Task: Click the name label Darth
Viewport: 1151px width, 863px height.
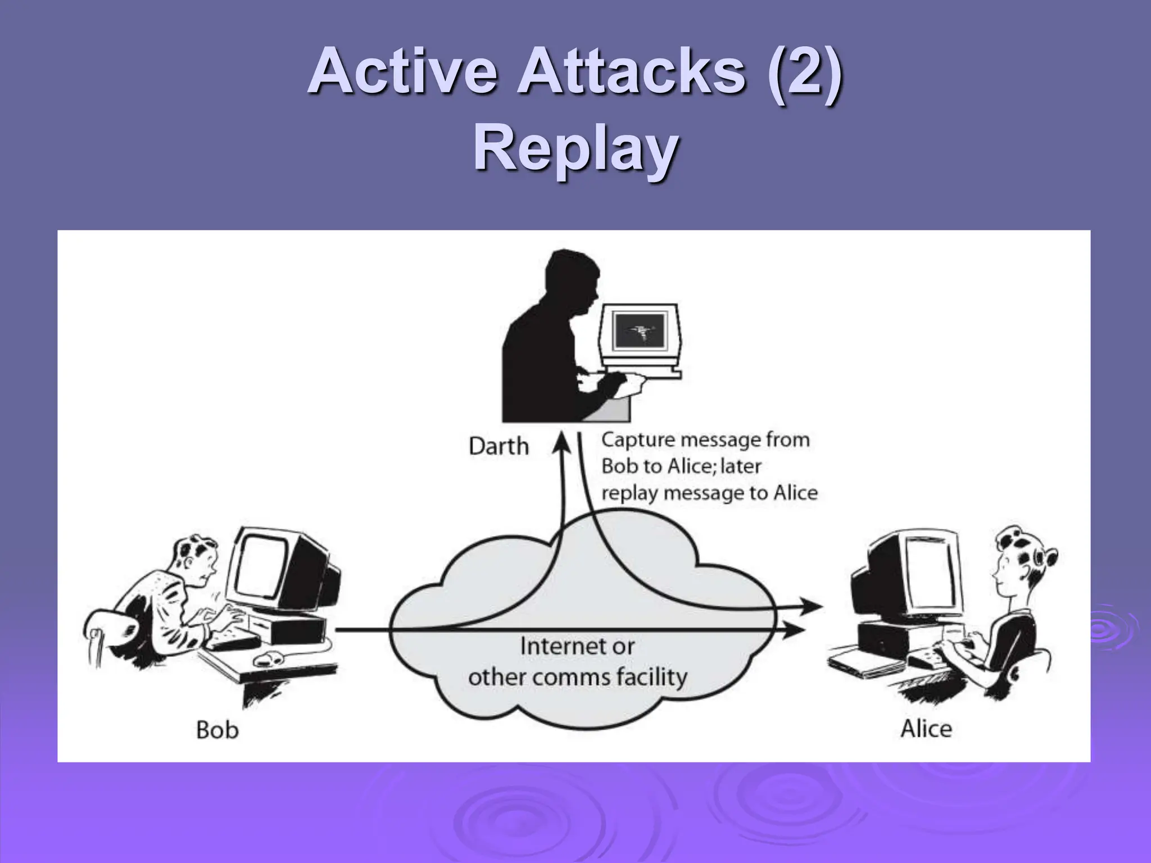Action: tap(499, 446)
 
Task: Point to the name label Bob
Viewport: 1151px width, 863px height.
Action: tap(217, 730)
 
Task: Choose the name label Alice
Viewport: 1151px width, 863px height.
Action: tap(926, 729)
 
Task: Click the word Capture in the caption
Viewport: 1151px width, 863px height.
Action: tap(636, 439)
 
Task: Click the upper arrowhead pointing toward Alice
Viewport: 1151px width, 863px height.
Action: tap(811, 606)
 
